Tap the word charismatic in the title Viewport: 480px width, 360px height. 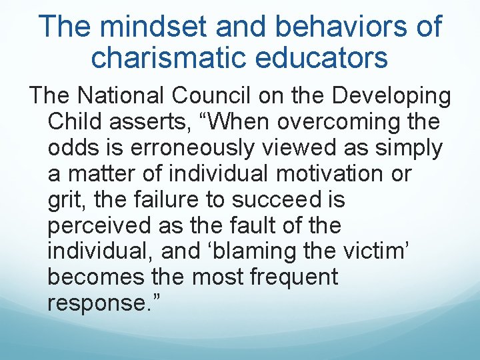tap(169, 57)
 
